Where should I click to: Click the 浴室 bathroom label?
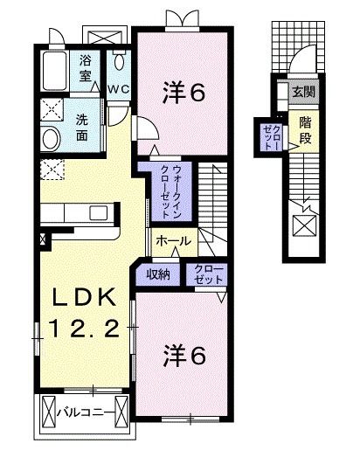point(87,68)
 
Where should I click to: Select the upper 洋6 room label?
point(184,92)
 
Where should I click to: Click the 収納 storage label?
point(158,274)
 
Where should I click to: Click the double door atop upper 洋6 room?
point(183,18)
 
